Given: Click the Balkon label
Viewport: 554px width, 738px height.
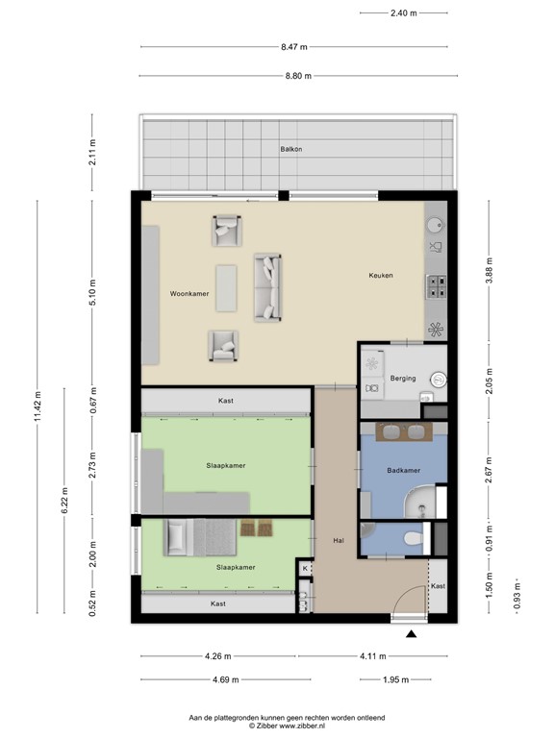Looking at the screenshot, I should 291,149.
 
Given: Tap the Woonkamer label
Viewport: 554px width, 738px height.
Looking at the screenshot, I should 189,293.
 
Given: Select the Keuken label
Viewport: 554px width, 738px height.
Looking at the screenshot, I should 381,276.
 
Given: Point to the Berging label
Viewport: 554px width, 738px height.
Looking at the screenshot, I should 403,378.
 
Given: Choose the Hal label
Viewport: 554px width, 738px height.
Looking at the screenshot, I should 339,540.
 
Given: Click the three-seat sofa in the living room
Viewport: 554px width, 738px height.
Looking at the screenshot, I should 268,287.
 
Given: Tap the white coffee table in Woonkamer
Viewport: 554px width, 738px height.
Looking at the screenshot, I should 226,287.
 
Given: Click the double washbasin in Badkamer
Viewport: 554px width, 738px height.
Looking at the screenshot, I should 404,432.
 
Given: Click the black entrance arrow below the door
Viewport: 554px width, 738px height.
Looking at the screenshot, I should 412,634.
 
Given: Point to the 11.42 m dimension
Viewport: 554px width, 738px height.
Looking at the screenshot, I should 38,406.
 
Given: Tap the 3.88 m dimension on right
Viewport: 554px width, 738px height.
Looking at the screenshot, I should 489,270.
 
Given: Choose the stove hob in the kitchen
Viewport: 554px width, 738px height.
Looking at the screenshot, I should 437,285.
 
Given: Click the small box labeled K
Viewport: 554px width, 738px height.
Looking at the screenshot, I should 305,569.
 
